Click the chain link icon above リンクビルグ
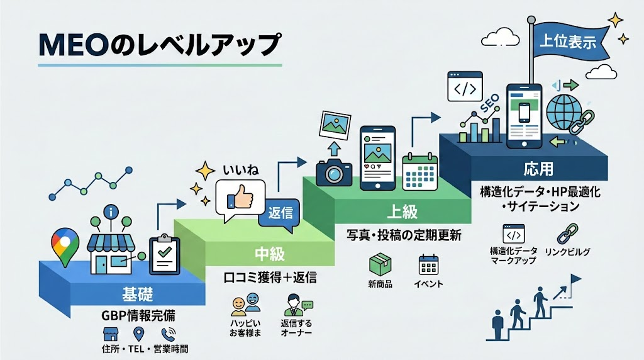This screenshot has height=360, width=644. (x=568, y=234)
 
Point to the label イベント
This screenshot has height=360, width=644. (x=428, y=284)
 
